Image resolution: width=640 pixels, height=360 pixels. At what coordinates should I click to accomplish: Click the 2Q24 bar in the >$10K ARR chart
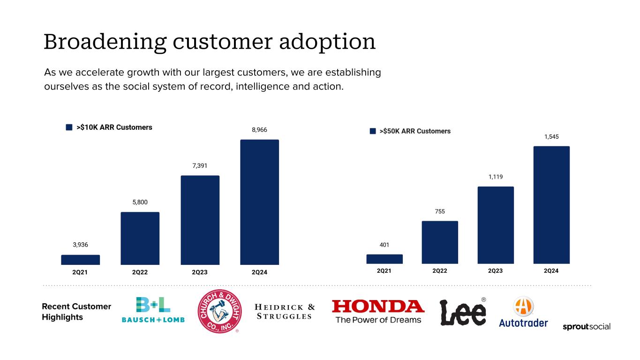tap(259, 202)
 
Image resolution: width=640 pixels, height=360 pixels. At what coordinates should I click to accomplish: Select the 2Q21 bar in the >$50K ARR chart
tap(384, 259)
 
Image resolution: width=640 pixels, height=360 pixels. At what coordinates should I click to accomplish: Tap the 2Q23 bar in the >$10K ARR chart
tap(200, 220)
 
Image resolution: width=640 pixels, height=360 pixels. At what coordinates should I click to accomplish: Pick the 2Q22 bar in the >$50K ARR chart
tap(440, 242)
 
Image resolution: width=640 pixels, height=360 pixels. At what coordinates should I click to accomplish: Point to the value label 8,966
tap(259, 130)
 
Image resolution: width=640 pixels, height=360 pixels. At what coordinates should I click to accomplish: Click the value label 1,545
tap(551, 136)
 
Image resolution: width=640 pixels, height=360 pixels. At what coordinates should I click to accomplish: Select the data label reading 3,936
tap(80, 245)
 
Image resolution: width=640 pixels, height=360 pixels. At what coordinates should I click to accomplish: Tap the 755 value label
tap(440, 211)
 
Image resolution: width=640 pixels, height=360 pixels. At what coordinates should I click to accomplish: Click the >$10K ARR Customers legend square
tap(69, 127)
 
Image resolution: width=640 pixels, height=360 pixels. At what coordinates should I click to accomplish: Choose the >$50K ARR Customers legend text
tap(415, 131)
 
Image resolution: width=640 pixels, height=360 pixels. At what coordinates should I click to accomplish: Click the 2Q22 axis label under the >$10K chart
tap(140, 272)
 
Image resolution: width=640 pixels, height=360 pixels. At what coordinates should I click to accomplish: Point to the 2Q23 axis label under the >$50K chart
tap(495, 271)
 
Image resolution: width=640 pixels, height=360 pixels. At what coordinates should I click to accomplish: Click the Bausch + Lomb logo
tap(153, 310)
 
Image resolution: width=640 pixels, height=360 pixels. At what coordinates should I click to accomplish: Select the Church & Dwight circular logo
tap(218, 310)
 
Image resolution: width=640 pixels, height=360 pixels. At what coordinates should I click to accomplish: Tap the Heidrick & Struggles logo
tap(285, 312)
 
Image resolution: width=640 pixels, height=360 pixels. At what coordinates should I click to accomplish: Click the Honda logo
tap(378, 311)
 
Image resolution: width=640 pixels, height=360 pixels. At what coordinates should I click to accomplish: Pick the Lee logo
tap(463, 311)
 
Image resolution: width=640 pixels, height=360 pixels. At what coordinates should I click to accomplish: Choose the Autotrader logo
tap(523, 313)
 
